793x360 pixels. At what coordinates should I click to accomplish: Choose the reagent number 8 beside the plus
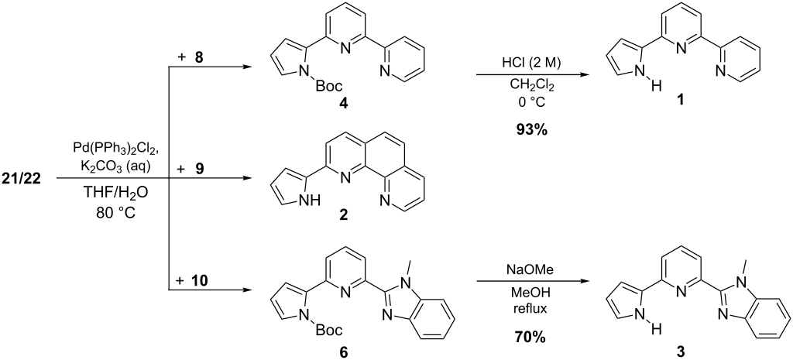(198, 56)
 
